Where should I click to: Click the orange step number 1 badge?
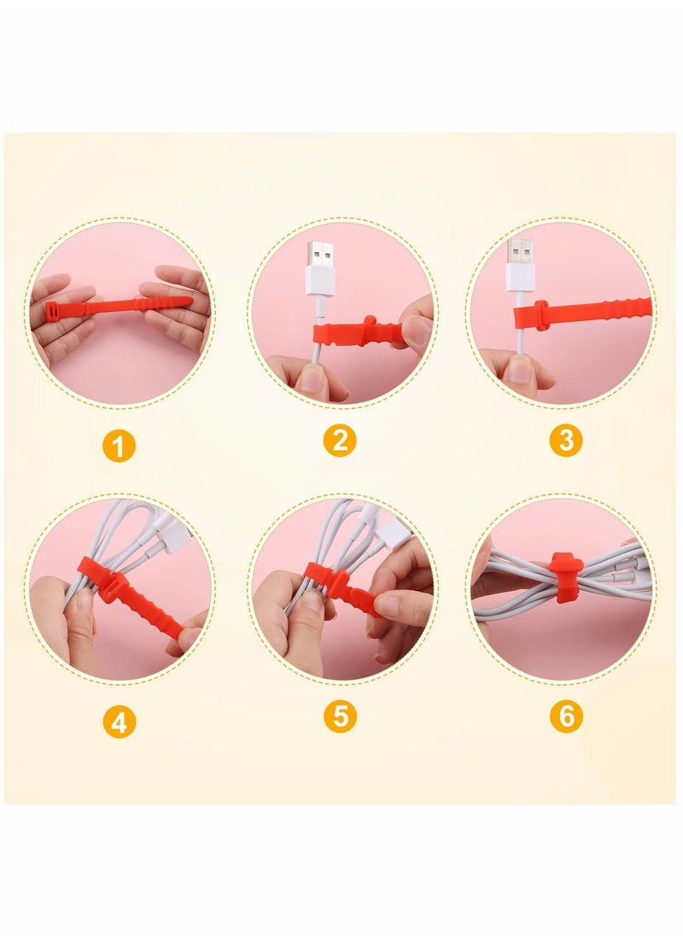pyautogui.click(x=120, y=446)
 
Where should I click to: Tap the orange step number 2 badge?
pyautogui.click(x=340, y=441)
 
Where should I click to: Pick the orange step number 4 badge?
pyautogui.click(x=120, y=722)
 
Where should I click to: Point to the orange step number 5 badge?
pyautogui.click(x=340, y=717)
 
